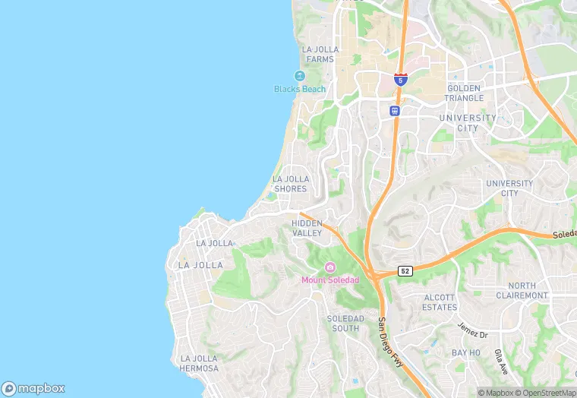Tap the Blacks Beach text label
(x=300, y=89)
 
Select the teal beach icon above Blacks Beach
(x=299, y=76)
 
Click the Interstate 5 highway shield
(x=401, y=79)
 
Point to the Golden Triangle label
(x=464, y=93)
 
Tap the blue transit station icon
(x=395, y=111)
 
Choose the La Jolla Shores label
(x=290, y=184)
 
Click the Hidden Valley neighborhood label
(x=307, y=228)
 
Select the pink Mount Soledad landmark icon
(x=329, y=267)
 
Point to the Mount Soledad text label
(x=329, y=280)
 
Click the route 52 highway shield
(x=405, y=271)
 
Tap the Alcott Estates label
(x=440, y=302)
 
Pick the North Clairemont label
(x=522, y=290)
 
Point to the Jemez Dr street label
(x=472, y=329)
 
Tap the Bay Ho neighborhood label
(x=466, y=353)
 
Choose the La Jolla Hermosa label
(x=199, y=363)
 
